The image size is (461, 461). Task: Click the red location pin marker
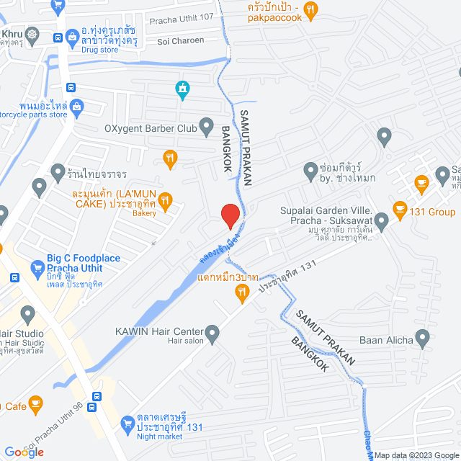click(229, 215)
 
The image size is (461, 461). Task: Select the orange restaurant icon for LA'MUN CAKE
click(165, 200)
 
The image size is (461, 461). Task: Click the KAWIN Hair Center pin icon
click(212, 333)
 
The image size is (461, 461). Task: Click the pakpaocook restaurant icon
click(310, 9)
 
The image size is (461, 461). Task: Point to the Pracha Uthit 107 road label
click(182, 19)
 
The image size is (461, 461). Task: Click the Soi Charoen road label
click(181, 41)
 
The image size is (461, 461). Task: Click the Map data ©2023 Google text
click(414, 455)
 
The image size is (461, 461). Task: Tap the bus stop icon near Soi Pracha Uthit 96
click(96, 395)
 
